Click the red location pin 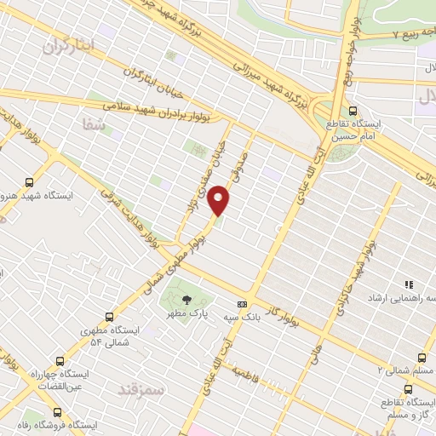220,200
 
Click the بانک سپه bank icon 243,304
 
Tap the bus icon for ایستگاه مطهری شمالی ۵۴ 107,315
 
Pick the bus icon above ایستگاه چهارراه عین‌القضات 59,360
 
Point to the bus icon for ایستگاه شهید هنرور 31,181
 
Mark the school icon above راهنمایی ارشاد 409,284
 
